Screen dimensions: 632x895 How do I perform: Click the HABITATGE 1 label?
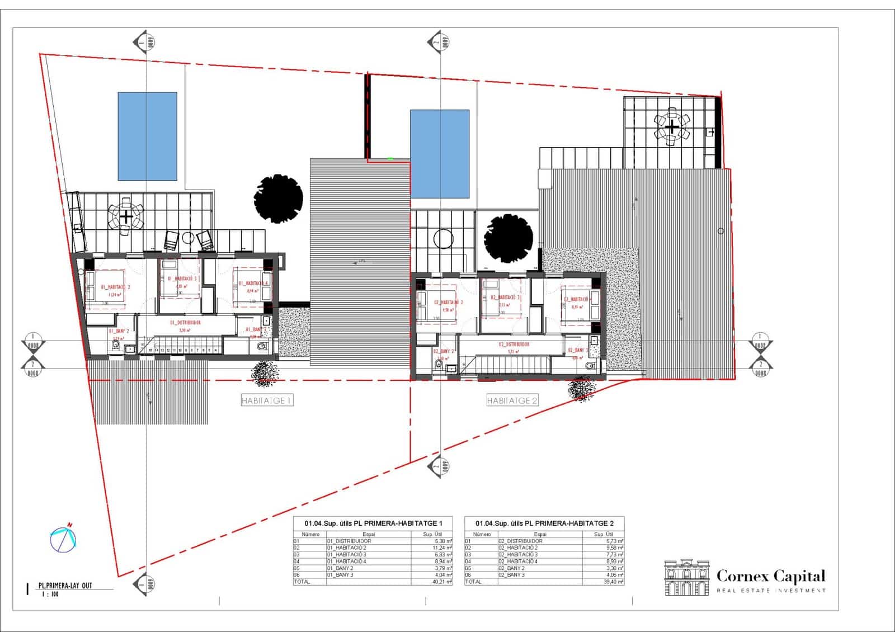(x=267, y=400)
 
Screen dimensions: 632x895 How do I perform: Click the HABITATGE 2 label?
(x=512, y=400)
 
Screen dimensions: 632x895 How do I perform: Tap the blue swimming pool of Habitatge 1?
(x=147, y=136)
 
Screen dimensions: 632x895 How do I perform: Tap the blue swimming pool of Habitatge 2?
(x=440, y=154)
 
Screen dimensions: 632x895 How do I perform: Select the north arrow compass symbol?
(x=63, y=539)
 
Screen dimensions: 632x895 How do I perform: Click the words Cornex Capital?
(x=770, y=576)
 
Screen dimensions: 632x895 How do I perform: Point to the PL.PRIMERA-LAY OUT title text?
(x=65, y=586)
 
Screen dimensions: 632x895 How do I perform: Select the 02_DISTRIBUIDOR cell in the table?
(x=520, y=541)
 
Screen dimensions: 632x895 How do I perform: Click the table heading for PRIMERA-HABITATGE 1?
(x=373, y=523)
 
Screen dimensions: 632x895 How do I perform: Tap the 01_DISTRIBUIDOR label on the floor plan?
(x=185, y=323)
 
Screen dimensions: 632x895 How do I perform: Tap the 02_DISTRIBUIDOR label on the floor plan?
(x=514, y=345)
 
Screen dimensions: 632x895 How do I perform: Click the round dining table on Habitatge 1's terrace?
(x=126, y=216)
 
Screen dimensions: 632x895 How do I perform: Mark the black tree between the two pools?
(x=278, y=198)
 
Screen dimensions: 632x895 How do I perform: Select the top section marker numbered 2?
(x=436, y=41)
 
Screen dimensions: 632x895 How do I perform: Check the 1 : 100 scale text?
(x=50, y=595)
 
